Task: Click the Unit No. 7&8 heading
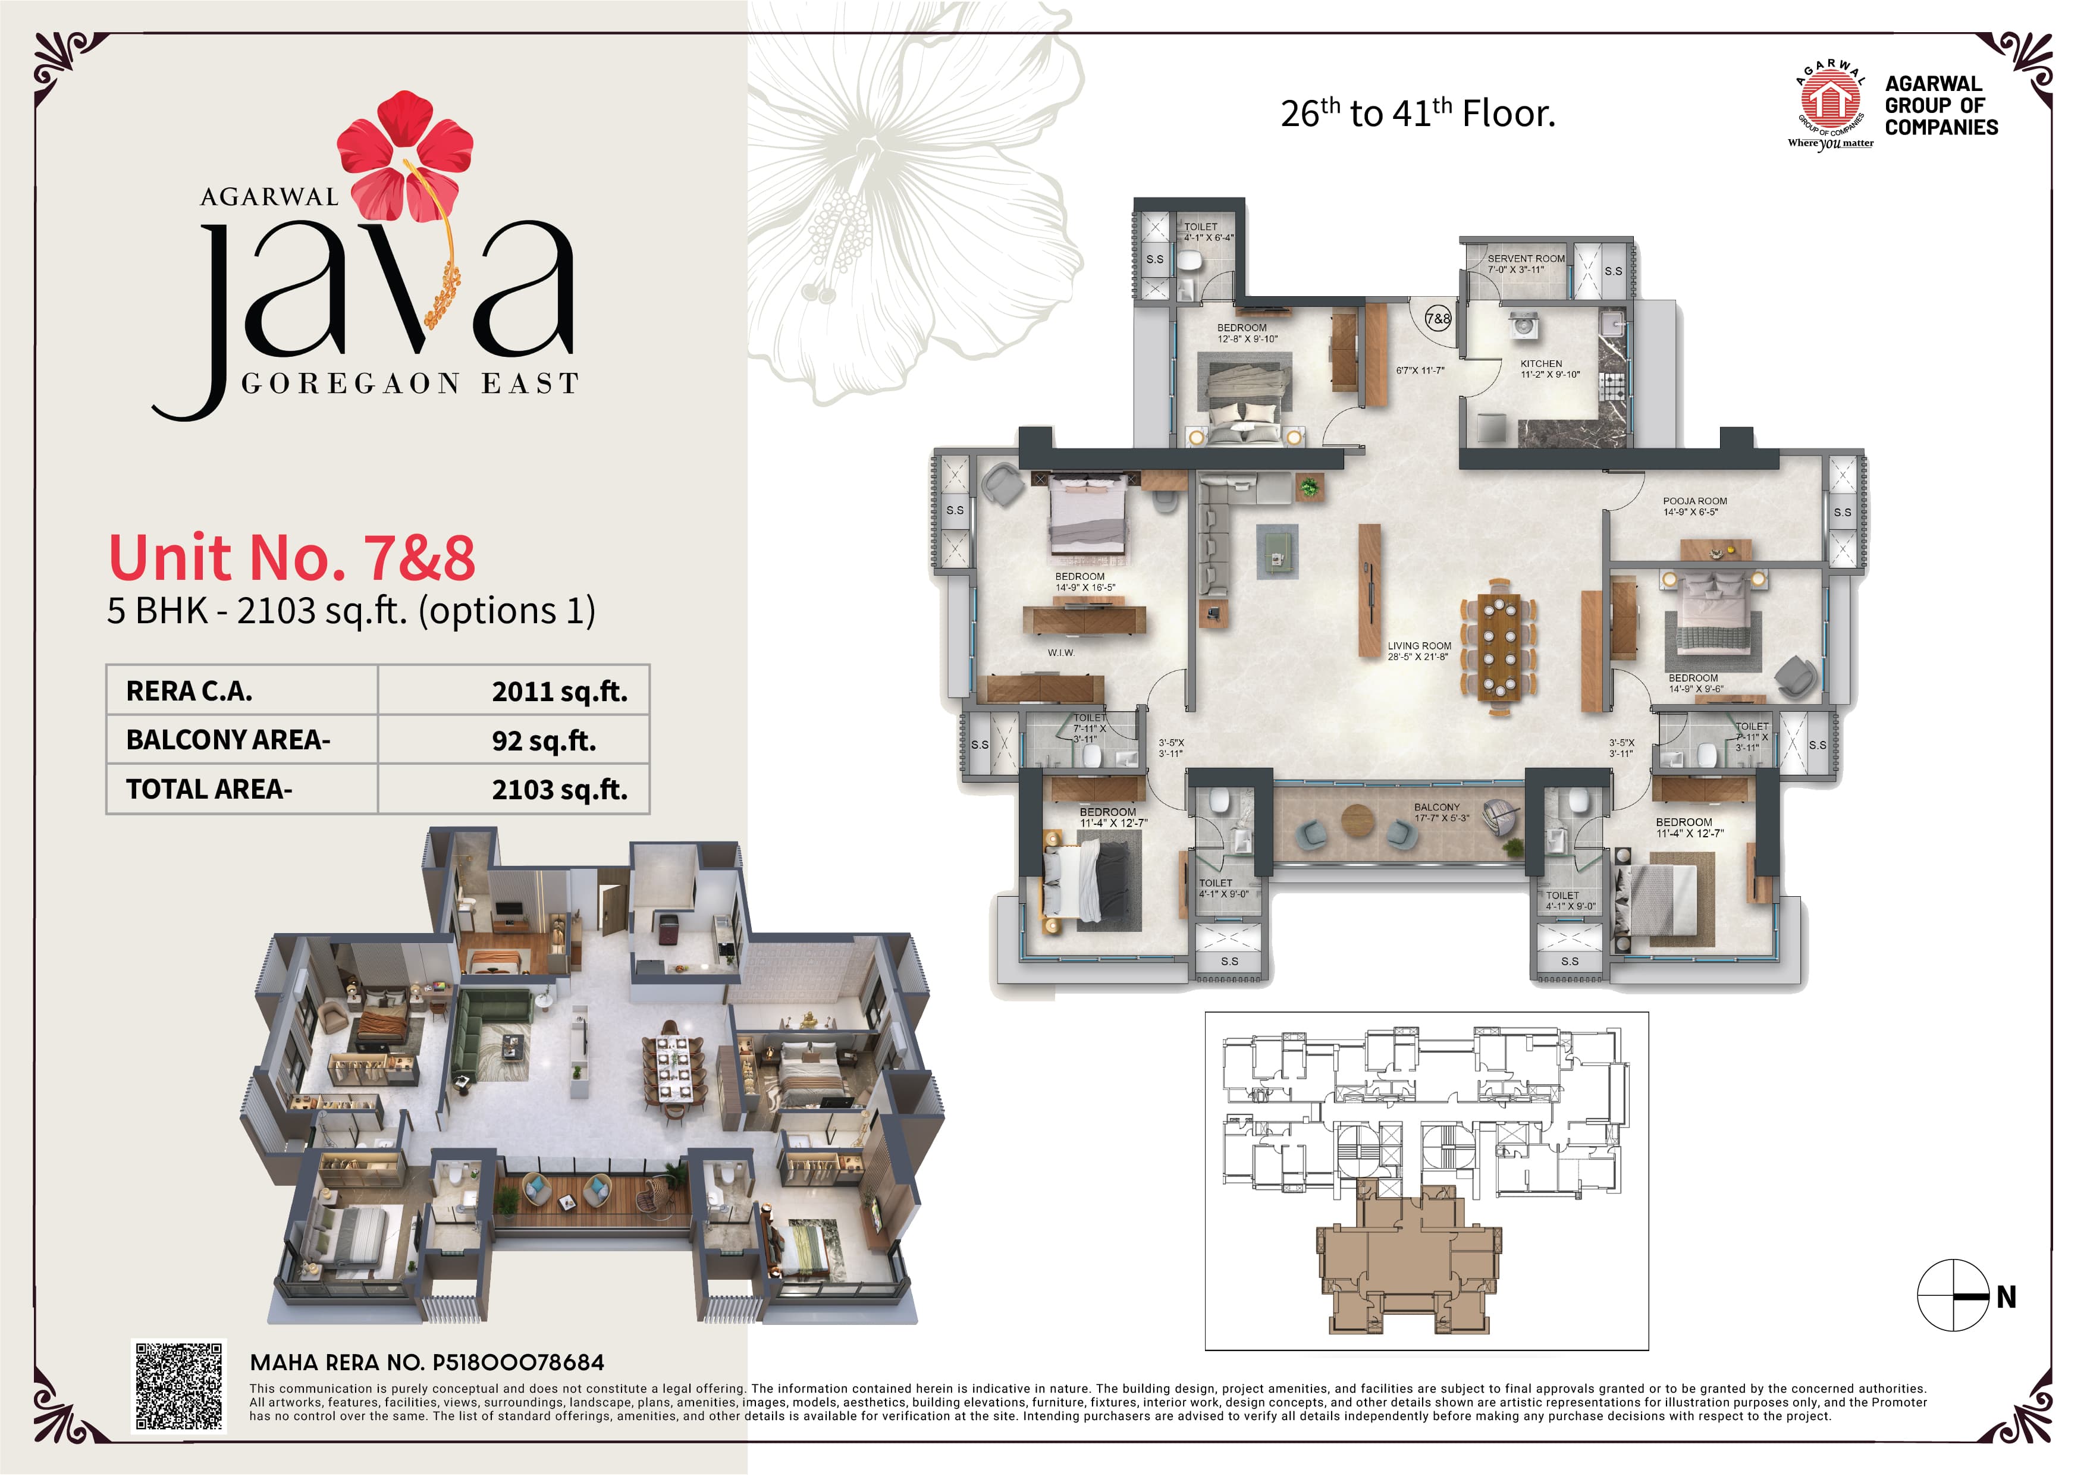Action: pos(292,557)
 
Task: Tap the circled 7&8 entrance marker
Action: pos(1438,319)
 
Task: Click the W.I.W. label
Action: pos(1061,652)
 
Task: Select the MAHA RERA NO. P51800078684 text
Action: pos(426,1362)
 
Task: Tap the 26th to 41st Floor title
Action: pos(1418,114)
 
